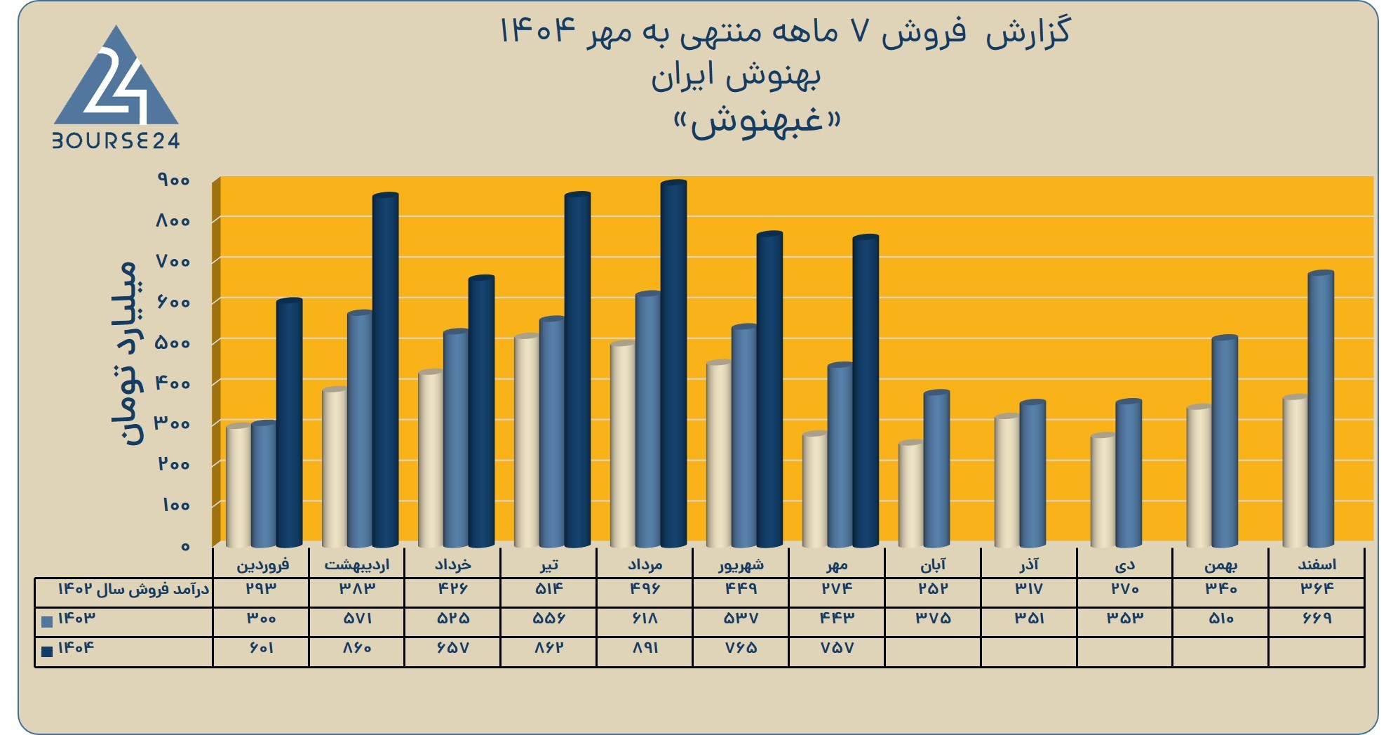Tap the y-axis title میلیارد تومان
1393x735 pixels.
(x=126, y=353)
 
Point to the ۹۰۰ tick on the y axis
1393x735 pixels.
(x=174, y=180)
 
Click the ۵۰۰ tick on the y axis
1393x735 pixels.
(x=174, y=343)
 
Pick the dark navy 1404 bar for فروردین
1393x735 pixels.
(x=289, y=423)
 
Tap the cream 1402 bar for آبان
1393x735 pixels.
(x=911, y=494)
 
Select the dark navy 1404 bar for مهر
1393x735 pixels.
(x=866, y=391)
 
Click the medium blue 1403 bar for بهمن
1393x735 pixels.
(x=1225, y=442)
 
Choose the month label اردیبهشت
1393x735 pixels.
(x=356, y=565)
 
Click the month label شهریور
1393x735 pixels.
(x=741, y=565)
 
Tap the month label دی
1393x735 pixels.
(x=1125, y=565)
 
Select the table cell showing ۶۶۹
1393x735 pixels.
(x=1317, y=618)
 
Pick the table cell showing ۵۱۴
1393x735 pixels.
(x=549, y=588)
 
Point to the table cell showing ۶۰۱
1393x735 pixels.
(x=261, y=648)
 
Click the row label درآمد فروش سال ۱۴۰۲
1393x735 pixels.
(x=133, y=589)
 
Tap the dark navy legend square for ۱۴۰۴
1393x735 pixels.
(x=47, y=651)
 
